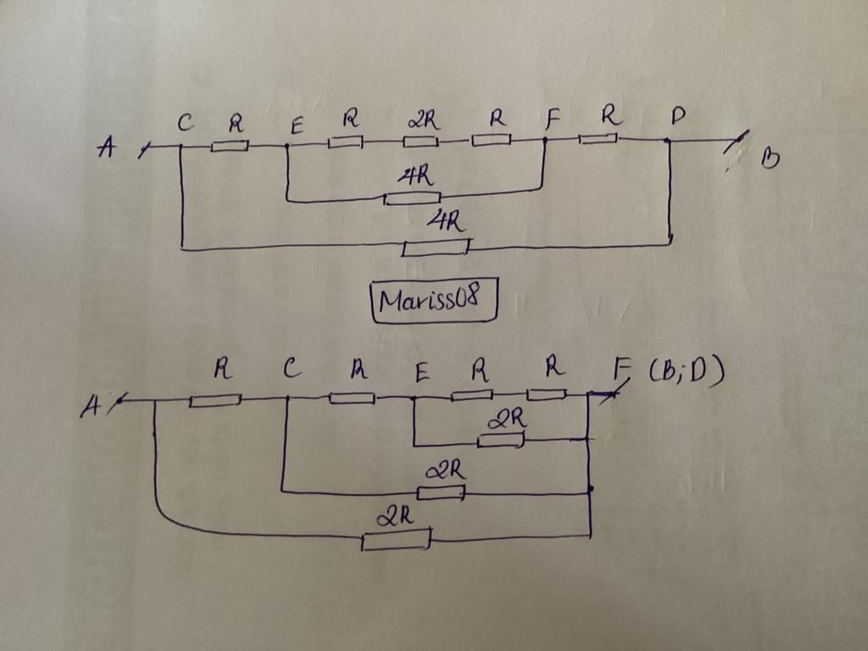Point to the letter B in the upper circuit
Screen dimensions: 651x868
[x=769, y=159]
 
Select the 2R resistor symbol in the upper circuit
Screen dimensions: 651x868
[x=421, y=141]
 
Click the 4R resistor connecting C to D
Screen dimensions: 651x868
[x=436, y=248]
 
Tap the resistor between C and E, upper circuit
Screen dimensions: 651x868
[x=230, y=146]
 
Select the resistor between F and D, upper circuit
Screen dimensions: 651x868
[x=598, y=137]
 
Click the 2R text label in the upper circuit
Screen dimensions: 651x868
[x=423, y=120]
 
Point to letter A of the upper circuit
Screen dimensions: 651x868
[x=107, y=148]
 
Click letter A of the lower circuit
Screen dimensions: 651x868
[x=90, y=409]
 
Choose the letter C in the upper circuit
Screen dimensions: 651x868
[x=184, y=124]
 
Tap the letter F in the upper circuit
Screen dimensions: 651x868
[x=553, y=120]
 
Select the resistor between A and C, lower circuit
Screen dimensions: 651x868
[x=215, y=399]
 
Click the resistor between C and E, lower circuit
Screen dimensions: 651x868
[x=352, y=398]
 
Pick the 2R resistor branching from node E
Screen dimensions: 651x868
[x=501, y=440]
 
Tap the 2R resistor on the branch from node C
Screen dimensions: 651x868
[x=441, y=492]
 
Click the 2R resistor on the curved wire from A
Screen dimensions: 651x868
[x=396, y=540]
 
